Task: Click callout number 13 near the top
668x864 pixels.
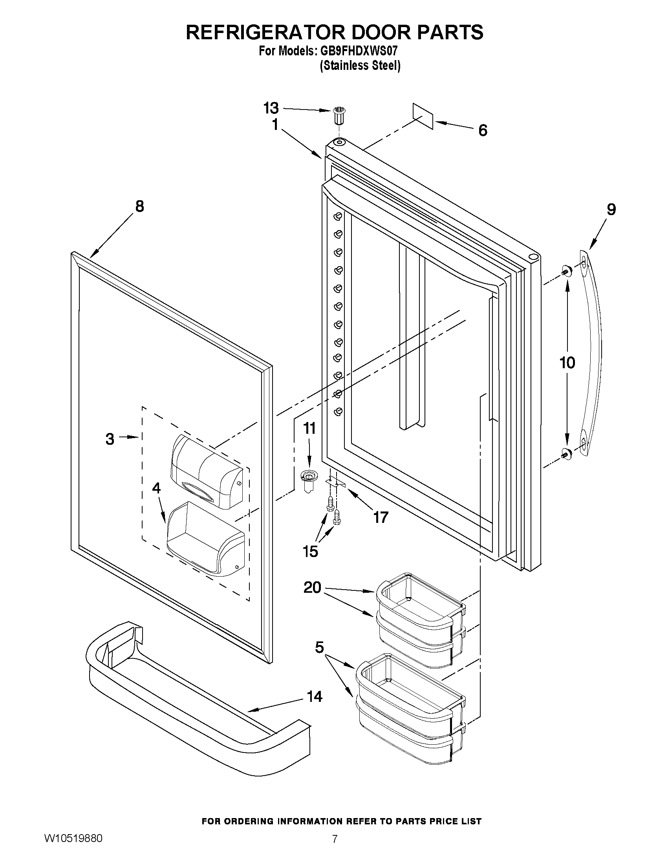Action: coord(271,108)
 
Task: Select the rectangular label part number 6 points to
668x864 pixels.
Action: coord(423,116)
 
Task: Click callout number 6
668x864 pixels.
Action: coord(483,130)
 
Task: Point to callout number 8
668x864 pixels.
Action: coord(140,206)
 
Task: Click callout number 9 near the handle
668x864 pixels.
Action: coord(611,209)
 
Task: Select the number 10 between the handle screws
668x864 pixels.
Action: coord(567,362)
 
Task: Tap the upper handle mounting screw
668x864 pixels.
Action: coord(566,271)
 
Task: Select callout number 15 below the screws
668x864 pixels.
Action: coord(311,551)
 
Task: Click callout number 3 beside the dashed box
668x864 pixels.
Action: coord(110,439)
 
